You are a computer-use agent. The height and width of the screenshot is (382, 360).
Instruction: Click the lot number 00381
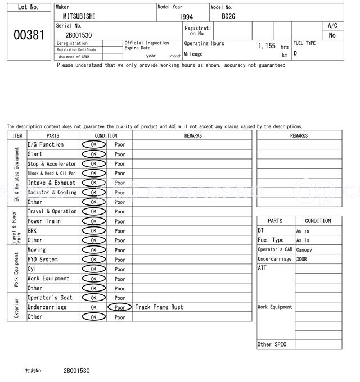click(x=28, y=35)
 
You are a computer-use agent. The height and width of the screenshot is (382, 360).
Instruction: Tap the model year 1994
click(x=186, y=17)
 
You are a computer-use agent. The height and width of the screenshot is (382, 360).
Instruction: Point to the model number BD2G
click(x=228, y=17)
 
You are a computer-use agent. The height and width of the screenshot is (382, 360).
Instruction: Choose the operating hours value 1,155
click(x=267, y=46)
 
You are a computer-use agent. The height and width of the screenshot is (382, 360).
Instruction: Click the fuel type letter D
click(x=295, y=53)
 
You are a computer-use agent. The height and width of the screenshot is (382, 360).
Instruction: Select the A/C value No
click(x=332, y=35)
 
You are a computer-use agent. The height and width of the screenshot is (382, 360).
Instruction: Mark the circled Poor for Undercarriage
click(x=120, y=307)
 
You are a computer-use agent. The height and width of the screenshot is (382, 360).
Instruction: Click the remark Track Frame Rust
click(x=159, y=307)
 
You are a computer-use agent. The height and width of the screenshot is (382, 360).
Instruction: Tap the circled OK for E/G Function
click(x=93, y=144)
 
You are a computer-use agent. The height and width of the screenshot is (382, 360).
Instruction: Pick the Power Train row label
click(x=44, y=221)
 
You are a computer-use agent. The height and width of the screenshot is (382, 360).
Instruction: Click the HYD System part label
click(x=43, y=260)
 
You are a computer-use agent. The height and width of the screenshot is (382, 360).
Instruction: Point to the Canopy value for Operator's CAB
click(x=304, y=250)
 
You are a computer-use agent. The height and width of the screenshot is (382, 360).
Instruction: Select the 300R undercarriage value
click(x=301, y=260)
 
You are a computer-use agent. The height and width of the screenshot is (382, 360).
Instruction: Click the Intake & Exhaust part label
click(x=51, y=183)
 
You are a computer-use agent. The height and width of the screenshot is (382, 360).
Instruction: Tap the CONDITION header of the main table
click(x=106, y=135)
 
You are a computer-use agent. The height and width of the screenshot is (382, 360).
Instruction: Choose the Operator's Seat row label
click(x=50, y=298)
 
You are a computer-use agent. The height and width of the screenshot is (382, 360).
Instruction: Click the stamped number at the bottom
click(x=76, y=371)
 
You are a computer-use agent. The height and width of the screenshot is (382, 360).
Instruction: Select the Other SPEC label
click(x=272, y=344)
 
